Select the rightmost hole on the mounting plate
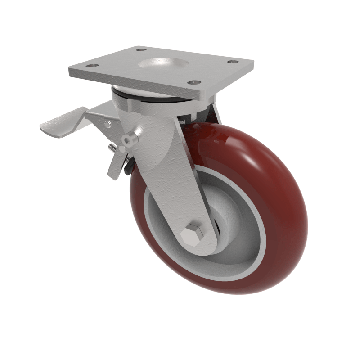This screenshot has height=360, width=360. pyautogui.click(x=232, y=62)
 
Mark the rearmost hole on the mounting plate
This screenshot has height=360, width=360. pyautogui.click(x=141, y=49)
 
